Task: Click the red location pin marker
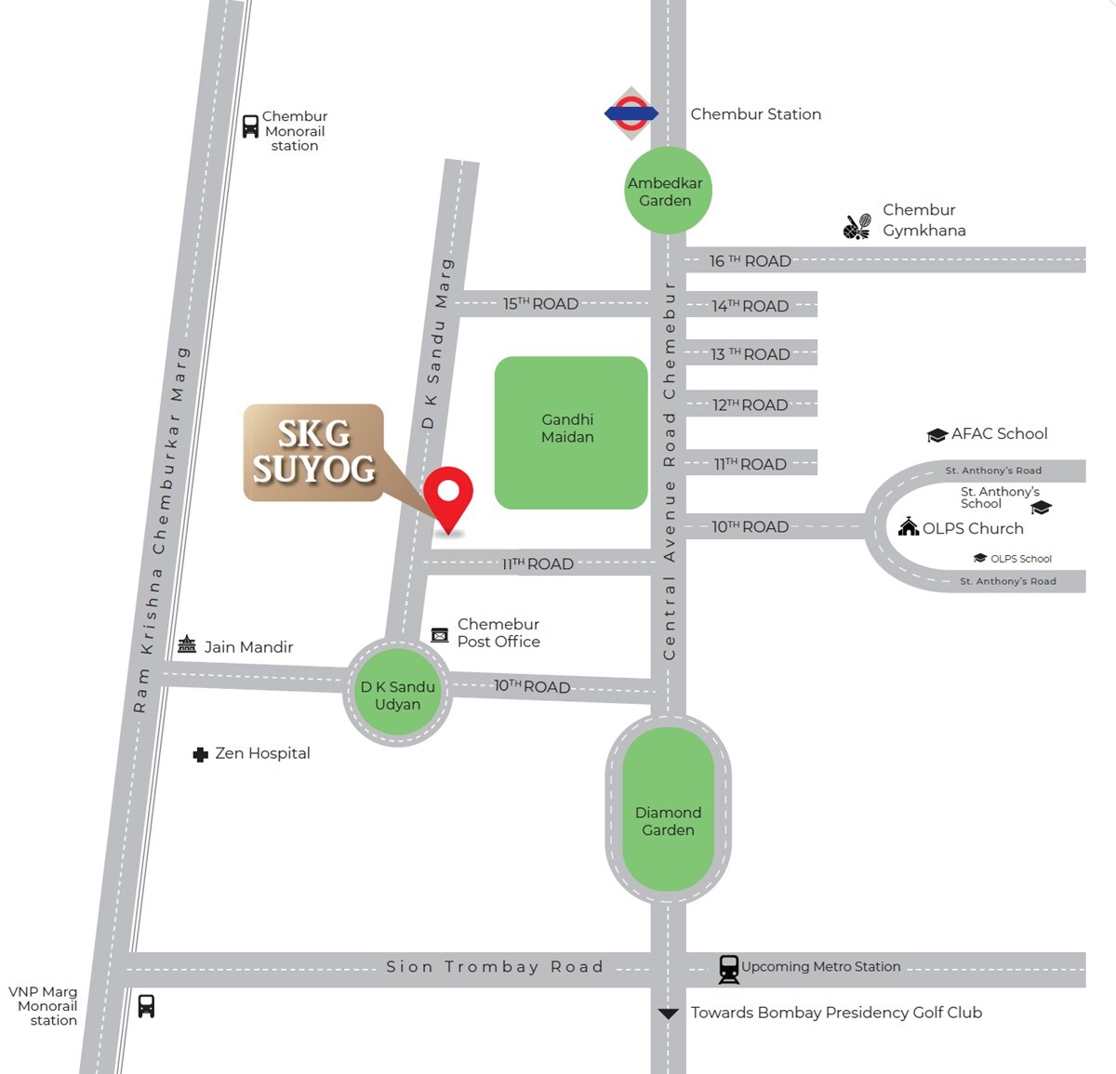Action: click(448, 494)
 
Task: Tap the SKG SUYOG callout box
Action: click(313, 452)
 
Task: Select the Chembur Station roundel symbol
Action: click(631, 113)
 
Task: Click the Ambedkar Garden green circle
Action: click(666, 191)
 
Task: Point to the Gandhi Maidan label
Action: click(567, 428)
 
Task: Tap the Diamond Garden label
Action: click(668, 821)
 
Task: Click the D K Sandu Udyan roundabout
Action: click(398, 694)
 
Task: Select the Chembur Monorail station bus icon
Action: click(250, 126)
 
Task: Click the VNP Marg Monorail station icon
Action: click(146, 1006)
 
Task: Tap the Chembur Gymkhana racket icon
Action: click(857, 226)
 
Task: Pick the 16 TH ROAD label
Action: click(750, 261)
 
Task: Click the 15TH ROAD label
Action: click(540, 304)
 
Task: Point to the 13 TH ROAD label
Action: click(750, 354)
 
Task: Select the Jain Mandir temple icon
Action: click(187, 644)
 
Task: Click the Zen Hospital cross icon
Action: click(200, 754)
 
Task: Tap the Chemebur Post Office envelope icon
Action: click(440, 635)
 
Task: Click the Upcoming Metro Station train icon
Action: click(729, 969)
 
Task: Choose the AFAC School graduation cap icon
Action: click(937, 435)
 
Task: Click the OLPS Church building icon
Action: click(908, 527)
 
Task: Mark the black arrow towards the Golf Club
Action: click(668, 1014)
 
